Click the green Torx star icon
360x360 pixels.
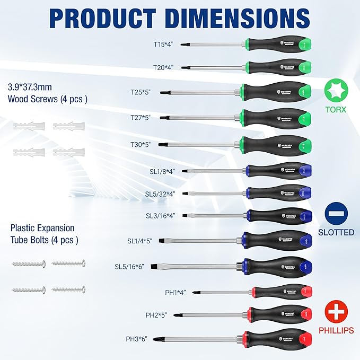click(336, 90)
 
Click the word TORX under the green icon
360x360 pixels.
click(336, 110)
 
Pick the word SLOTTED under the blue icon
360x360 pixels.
click(336, 232)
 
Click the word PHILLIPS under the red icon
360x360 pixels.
click(336, 330)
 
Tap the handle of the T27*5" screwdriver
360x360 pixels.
click(276, 118)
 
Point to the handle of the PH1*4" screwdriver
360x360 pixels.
click(281, 292)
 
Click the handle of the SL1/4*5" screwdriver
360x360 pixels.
click(276, 240)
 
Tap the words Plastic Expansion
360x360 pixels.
click(42, 227)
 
